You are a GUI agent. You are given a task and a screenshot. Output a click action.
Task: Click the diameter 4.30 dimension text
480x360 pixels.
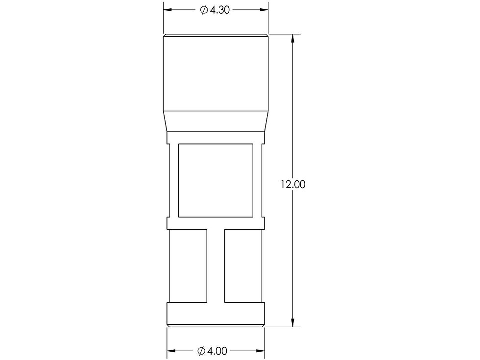pyautogui.click(x=215, y=10)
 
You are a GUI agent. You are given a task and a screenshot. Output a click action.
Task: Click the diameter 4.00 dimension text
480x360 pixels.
pyautogui.click(x=213, y=351)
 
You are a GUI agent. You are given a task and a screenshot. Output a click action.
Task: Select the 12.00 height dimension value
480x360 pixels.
pyautogui.click(x=293, y=184)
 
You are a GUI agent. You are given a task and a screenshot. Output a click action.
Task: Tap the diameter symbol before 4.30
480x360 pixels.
pyautogui.click(x=204, y=10)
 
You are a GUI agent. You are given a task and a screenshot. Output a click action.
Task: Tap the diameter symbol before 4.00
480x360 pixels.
pyautogui.click(x=201, y=351)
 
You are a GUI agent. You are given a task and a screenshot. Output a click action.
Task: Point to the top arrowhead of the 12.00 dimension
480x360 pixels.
pyautogui.click(x=293, y=38)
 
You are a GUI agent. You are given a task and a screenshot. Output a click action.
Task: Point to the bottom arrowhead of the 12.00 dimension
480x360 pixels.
pyautogui.click(x=293, y=323)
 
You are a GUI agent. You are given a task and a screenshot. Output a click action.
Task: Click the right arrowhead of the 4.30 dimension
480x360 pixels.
pyautogui.click(x=264, y=10)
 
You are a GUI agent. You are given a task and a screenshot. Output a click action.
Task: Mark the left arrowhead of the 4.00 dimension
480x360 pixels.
pyautogui.click(x=171, y=351)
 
